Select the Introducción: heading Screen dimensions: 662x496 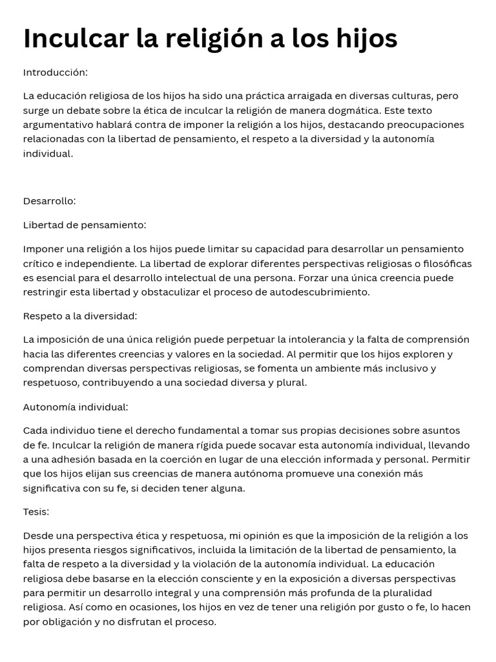56,72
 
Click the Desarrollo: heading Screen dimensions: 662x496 50,200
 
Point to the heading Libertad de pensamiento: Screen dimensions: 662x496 85,224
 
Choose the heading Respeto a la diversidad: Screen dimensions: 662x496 80,315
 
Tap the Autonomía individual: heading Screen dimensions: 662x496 76,407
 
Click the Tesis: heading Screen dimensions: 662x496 36,511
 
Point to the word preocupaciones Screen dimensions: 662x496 423,125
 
